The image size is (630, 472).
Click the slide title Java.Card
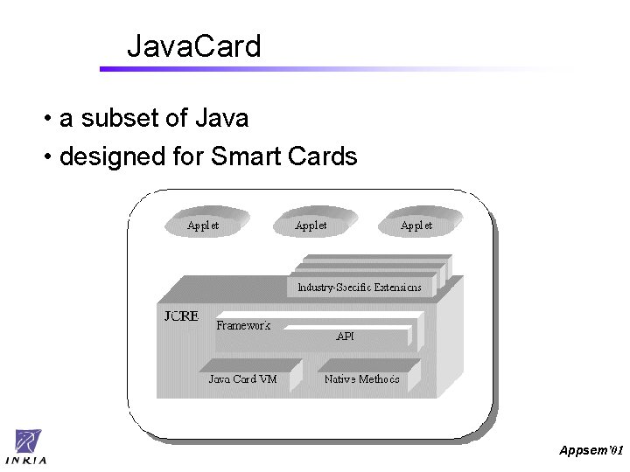pos(193,45)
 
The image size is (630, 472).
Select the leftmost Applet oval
pos(203,224)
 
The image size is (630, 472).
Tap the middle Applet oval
pos(312,224)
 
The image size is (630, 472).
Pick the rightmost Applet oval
pos(417,224)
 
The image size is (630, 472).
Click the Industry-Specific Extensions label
pos(359,287)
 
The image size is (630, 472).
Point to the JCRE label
pos(181,316)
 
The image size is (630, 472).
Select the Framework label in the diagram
pos(243,325)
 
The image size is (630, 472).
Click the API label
pos(345,336)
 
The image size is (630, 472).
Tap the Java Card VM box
pos(242,378)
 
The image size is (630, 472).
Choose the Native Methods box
pos(361,378)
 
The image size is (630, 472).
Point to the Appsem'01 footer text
pos(591,449)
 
